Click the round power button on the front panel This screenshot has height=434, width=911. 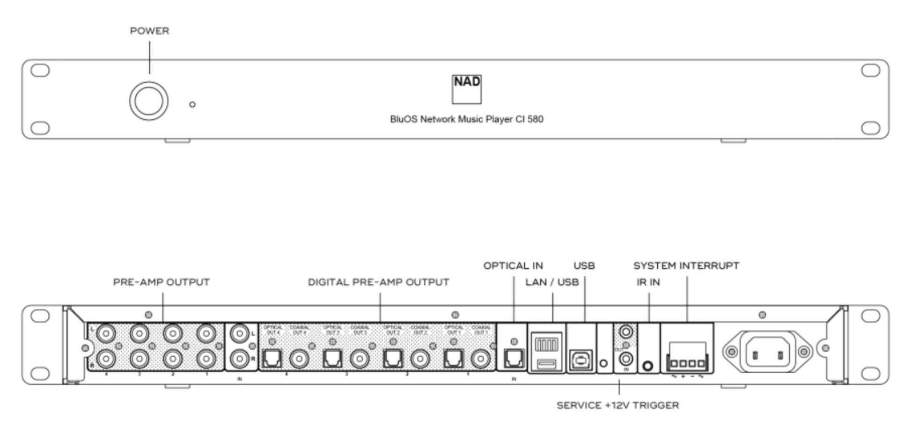point(149,101)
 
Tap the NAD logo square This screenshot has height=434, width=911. point(466,89)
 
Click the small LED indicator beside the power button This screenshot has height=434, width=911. point(192,104)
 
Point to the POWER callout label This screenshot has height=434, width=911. point(149,31)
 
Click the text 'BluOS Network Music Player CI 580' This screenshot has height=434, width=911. point(466,119)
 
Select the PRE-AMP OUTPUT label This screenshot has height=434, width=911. point(161,282)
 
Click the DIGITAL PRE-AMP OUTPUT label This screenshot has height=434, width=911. point(378,282)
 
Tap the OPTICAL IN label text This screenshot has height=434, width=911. point(513,266)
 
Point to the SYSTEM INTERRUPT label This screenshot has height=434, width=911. point(686,266)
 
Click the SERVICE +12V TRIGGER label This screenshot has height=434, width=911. point(617,405)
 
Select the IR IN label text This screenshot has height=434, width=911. point(648,282)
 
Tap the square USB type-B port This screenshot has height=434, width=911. point(580,360)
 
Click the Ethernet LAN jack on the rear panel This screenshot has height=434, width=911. point(546,345)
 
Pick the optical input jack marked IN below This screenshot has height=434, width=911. point(514,359)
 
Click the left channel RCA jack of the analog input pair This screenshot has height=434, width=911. point(240,334)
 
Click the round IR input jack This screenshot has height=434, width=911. point(648,366)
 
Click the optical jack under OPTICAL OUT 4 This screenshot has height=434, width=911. point(272,359)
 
